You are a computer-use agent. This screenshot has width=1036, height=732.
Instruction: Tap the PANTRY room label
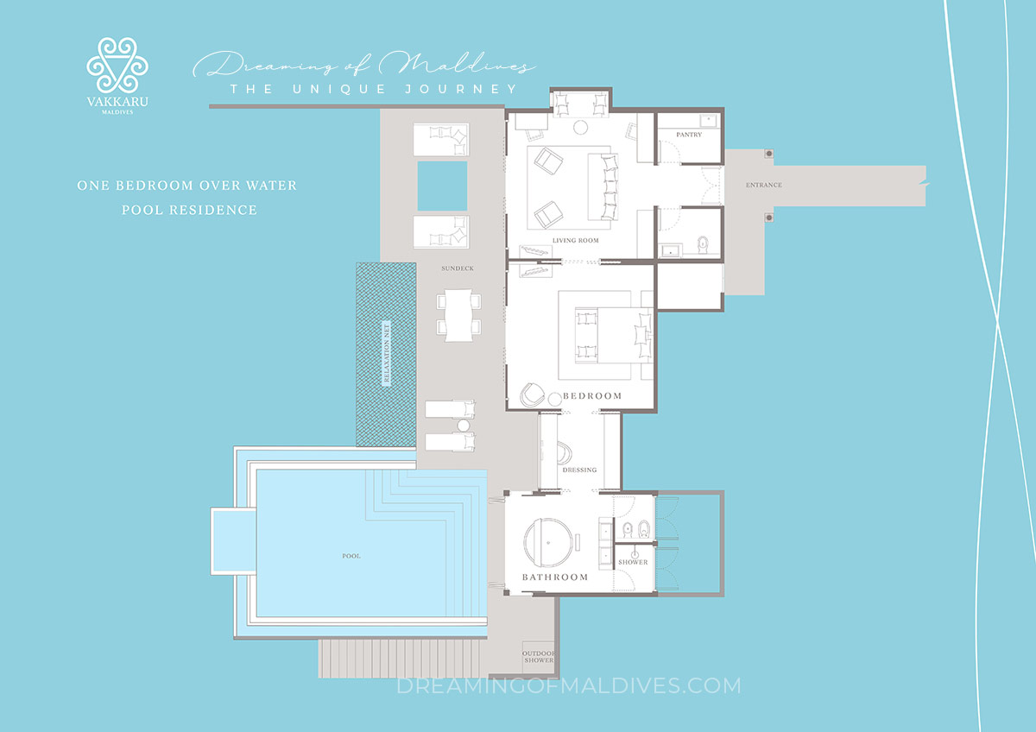(x=689, y=135)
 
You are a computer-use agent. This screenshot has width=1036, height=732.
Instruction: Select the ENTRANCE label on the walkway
(x=763, y=186)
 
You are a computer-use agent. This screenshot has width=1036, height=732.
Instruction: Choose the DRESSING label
(x=578, y=470)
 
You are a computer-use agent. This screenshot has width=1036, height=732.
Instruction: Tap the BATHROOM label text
(x=554, y=577)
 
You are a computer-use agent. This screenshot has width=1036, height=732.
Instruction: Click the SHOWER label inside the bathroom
(x=632, y=562)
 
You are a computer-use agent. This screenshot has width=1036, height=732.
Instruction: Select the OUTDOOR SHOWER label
(x=539, y=657)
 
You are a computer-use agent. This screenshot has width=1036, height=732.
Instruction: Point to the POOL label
(x=351, y=556)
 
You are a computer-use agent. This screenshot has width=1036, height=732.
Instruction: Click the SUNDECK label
(x=457, y=268)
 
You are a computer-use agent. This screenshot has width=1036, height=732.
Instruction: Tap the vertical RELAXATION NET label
(x=386, y=354)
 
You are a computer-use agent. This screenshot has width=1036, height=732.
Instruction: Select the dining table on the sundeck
(x=457, y=314)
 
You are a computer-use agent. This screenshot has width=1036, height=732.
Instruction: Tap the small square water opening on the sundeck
(x=442, y=186)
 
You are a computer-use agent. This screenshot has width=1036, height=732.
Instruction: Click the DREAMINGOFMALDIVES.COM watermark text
(x=568, y=685)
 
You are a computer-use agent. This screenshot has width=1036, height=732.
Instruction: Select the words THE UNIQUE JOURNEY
(x=373, y=89)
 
